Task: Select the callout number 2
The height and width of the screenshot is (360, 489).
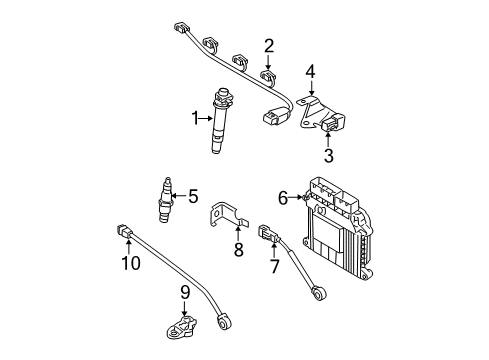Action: click(x=268, y=45)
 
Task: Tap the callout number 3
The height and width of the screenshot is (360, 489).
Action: click(x=328, y=155)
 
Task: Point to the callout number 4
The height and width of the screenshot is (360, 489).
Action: click(x=311, y=72)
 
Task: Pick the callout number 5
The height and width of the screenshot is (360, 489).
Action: click(x=194, y=196)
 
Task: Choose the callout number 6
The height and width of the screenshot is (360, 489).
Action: click(x=283, y=199)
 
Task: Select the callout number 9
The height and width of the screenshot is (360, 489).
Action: click(x=185, y=292)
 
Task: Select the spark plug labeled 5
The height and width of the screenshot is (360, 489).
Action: click(x=166, y=201)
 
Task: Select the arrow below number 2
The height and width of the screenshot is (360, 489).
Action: click(x=268, y=66)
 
